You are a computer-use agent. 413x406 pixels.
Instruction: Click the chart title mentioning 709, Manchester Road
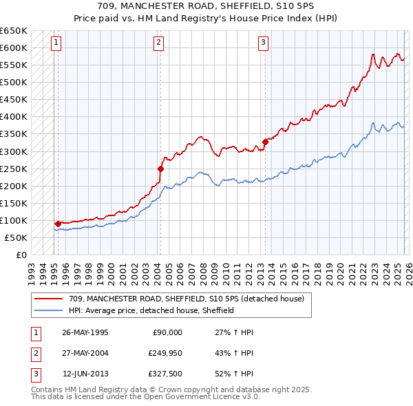click(206, 6)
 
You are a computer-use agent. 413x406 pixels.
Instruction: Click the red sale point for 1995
click(58, 224)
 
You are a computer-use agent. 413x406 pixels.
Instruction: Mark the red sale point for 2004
click(160, 168)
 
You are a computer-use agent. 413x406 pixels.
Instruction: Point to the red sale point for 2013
click(265, 142)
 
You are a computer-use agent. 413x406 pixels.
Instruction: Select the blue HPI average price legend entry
click(151, 310)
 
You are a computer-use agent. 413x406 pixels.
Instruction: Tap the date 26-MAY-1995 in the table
click(85, 332)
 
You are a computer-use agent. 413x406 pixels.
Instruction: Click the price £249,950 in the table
click(165, 353)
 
